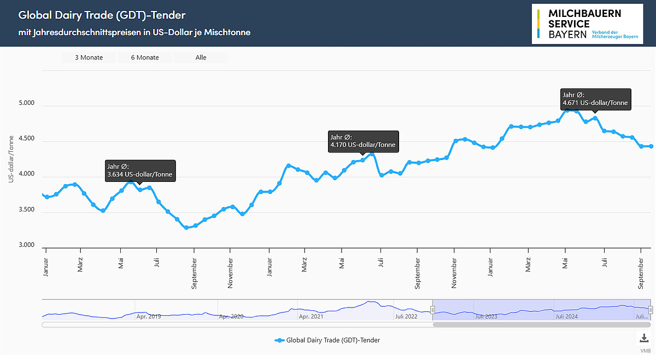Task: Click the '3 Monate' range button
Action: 89,57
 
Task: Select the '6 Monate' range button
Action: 145,57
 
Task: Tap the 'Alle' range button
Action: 201,57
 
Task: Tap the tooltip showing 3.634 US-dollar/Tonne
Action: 141,170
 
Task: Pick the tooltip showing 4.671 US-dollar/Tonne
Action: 596,99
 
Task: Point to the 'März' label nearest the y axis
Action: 80,264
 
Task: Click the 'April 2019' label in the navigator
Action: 149,316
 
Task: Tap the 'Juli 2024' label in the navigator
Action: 566,316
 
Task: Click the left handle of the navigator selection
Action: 432,310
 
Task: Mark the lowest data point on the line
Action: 186,227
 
